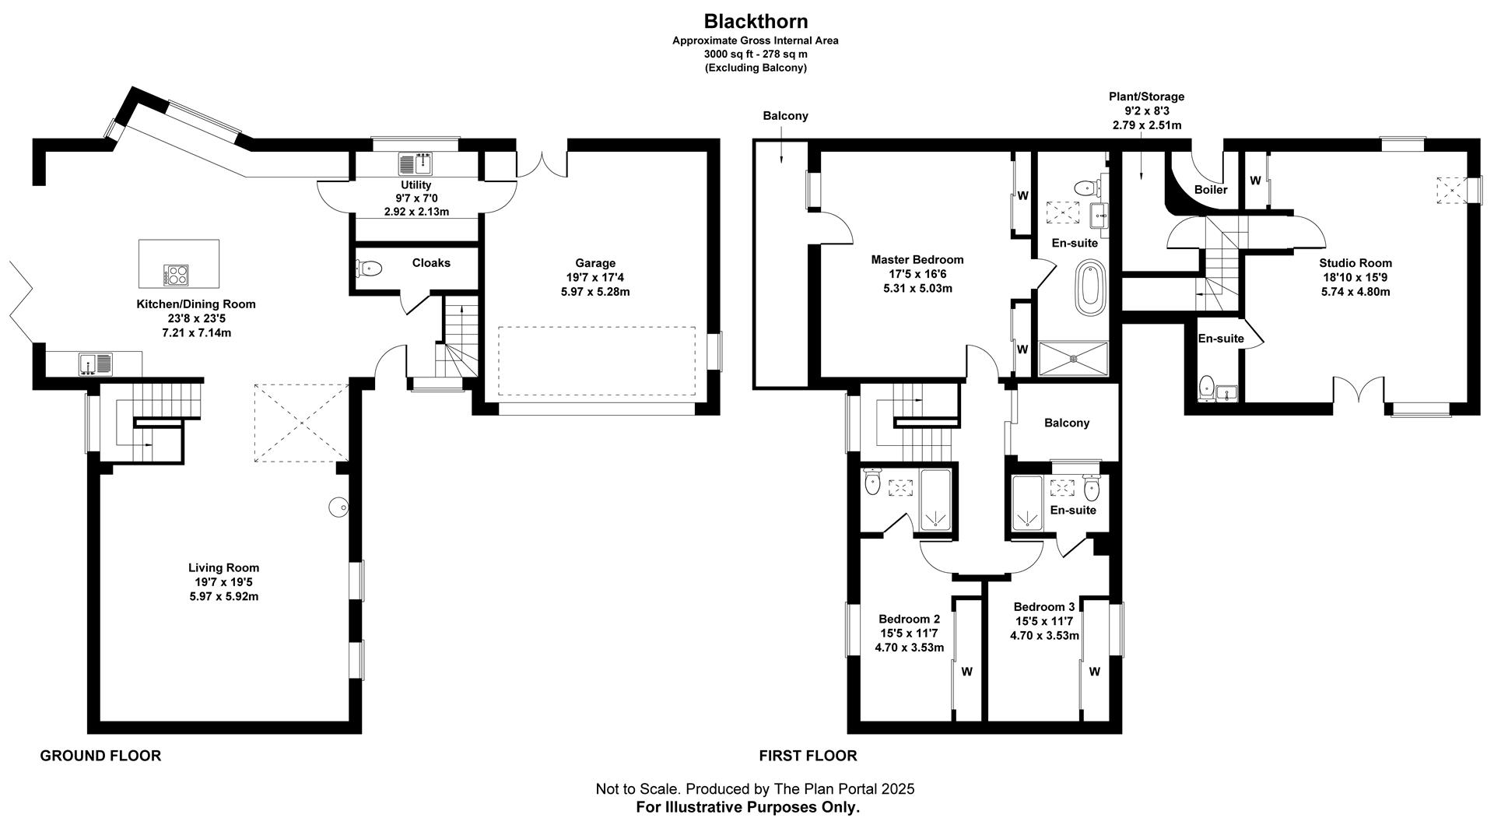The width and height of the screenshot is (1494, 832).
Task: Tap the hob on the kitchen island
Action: tap(176, 275)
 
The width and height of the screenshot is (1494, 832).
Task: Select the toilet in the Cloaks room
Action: tap(369, 269)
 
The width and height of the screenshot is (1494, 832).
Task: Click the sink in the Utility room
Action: tap(416, 164)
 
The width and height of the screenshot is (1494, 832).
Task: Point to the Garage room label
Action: tap(595, 263)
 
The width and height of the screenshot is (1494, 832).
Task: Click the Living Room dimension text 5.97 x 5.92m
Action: tap(223, 596)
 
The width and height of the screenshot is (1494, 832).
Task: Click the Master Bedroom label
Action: tap(917, 260)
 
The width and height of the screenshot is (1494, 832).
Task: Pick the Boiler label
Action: tap(1210, 190)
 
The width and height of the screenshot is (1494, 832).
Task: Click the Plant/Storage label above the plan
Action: tap(1146, 97)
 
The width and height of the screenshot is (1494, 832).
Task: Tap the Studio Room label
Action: tap(1355, 263)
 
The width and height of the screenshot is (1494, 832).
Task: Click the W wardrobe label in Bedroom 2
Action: tap(966, 671)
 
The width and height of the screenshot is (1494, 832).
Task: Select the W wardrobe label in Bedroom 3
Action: tap(1094, 671)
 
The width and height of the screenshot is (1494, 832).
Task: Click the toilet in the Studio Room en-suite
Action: tap(1207, 385)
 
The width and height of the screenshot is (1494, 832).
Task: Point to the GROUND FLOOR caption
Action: tap(100, 756)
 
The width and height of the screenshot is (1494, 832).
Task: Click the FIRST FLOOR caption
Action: tap(808, 756)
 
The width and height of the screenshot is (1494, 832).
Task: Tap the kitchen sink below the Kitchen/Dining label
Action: tap(95, 363)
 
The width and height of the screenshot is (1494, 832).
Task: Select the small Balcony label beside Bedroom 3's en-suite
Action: tap(1066, 423)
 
